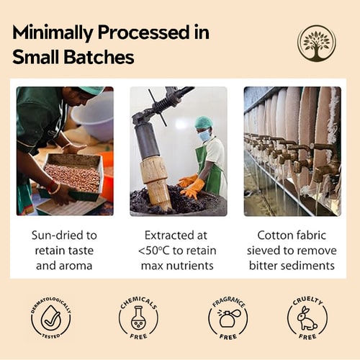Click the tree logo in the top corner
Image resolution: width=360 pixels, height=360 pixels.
316,43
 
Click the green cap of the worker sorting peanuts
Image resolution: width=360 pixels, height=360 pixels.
91,91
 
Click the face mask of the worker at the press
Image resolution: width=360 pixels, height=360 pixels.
203,134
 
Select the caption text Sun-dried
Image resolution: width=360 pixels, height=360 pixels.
63,235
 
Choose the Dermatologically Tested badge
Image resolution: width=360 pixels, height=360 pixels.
50,316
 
